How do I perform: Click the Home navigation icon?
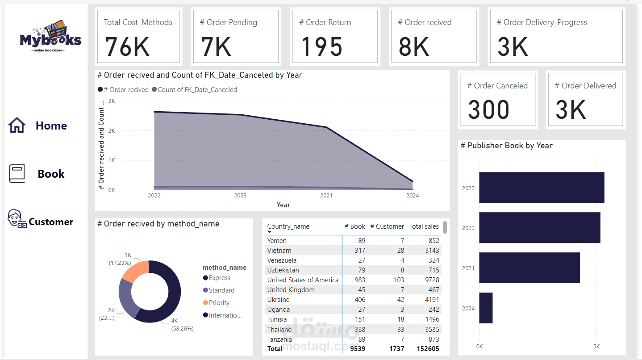17,126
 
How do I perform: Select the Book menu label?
51,174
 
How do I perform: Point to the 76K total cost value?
127,47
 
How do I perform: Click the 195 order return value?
321,47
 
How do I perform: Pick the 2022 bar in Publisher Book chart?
542,188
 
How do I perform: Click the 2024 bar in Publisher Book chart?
486,308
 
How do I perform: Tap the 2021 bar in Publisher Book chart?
529,268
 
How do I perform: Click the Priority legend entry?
219,303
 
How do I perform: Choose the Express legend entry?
219,278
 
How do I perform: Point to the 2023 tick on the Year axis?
240,195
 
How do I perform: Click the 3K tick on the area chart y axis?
112,101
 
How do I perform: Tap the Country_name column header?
288,226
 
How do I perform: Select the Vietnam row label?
279,251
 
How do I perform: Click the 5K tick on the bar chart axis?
596,347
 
